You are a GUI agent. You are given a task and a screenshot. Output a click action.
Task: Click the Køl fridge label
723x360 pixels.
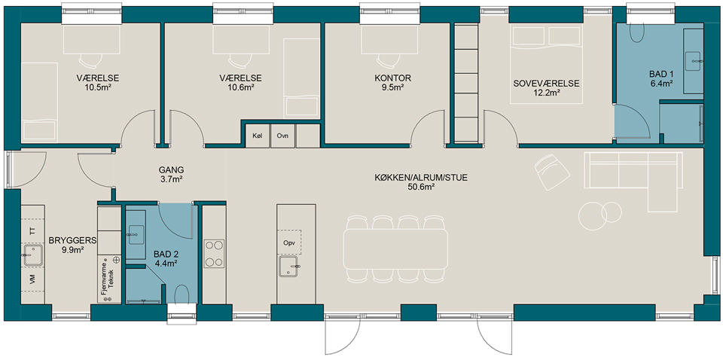click(257, 136)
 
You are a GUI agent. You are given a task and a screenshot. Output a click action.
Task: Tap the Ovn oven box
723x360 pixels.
click(282, 136)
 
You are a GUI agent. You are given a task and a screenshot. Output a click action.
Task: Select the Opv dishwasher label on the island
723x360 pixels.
click(289, 243)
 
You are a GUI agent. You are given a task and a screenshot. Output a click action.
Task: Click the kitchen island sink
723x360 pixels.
click(289, 267)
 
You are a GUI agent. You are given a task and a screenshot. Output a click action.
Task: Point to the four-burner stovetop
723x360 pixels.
click(214, 254)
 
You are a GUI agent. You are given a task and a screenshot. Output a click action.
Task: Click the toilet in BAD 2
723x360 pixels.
click(182, 294)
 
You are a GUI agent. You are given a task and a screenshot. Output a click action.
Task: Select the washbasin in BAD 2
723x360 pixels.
click(135, 234)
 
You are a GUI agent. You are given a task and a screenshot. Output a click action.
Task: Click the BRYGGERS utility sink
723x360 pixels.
click(33, 255)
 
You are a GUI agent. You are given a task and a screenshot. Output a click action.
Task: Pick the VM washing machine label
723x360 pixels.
click(32, 279)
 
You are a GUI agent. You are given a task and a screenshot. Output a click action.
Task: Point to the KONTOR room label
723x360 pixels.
click(392, 78)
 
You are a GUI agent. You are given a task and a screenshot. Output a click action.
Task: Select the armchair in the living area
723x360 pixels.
click(552, 172)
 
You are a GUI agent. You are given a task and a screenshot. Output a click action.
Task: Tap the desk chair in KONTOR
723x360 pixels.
click(389, 60)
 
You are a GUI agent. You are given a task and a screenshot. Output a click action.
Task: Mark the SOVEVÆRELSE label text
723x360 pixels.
click(546, 84)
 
